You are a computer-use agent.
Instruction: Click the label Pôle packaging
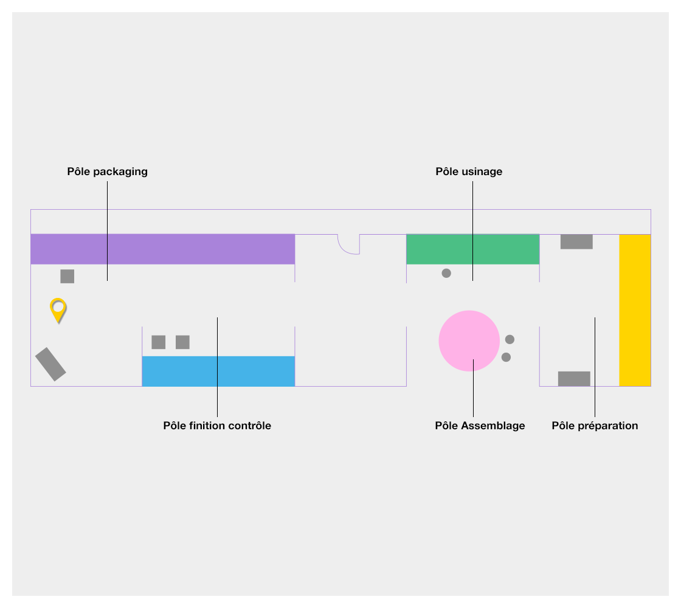tap(107, 171)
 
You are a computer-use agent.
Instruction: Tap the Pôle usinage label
tap(469, 171)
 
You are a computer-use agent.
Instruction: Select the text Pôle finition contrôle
tap(217, 426)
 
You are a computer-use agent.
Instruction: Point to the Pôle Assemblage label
tap(480, 426)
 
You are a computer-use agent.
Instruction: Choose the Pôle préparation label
tap(595, 426)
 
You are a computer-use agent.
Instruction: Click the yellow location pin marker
tap(58, 308)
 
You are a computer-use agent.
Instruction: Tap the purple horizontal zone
tap(162, 249)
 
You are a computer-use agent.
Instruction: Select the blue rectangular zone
tap(218, 371)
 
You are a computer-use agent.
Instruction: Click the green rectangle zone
tap(472, 249)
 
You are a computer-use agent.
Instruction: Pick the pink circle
tap(469, 341)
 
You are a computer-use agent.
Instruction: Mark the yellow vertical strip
tap(635, 310)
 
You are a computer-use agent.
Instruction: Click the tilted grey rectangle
tap(50, 364)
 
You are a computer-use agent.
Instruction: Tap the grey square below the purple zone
tap(67, 276)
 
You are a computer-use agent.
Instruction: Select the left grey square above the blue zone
tap(159, 342)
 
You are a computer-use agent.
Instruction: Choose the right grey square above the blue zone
tap(182, 342)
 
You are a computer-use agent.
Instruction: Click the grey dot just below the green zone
tap(446, 274)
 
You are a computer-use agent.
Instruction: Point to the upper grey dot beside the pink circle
tap(510, 339)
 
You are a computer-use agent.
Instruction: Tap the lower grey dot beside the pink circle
tap(506, 358)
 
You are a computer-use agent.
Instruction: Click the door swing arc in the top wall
tap(348, 244)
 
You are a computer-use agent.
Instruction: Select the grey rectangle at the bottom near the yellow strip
tap(574, 379)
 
